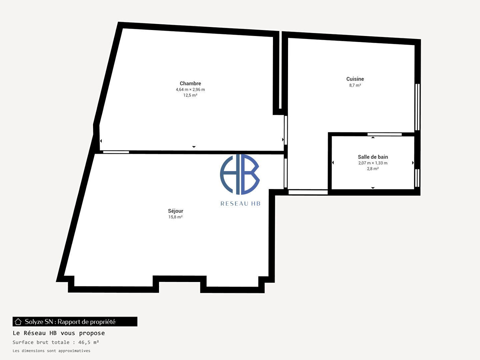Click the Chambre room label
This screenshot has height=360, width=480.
coord(190,83)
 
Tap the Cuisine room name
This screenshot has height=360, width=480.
coord(355,79)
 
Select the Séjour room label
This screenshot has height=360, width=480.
coord(175,211)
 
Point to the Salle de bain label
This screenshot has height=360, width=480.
coord(373,157)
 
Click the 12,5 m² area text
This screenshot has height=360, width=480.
coord(190,95)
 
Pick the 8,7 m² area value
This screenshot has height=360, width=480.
coord(355,85)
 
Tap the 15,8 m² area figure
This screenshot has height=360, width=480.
coord(175,217)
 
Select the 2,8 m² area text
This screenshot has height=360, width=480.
coord(373,169)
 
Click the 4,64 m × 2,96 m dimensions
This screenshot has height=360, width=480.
coord(190,89)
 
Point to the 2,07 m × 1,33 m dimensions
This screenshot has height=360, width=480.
coord(373,163)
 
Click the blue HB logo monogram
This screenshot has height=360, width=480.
coord(240,174)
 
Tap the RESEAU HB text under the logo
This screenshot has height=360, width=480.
coord(240,204)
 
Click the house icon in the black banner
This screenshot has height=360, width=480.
coord(18,322)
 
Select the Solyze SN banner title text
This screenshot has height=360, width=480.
coord(70,322)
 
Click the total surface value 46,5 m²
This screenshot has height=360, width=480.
coord(89,342)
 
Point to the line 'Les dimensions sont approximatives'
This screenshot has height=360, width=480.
coord(51,351)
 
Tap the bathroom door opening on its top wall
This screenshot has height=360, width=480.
coord(384,134)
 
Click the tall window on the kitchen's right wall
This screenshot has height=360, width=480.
coord(417,107)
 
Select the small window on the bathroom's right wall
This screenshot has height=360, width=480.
coord(417,178)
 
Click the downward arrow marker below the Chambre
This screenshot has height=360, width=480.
coord(194,147)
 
